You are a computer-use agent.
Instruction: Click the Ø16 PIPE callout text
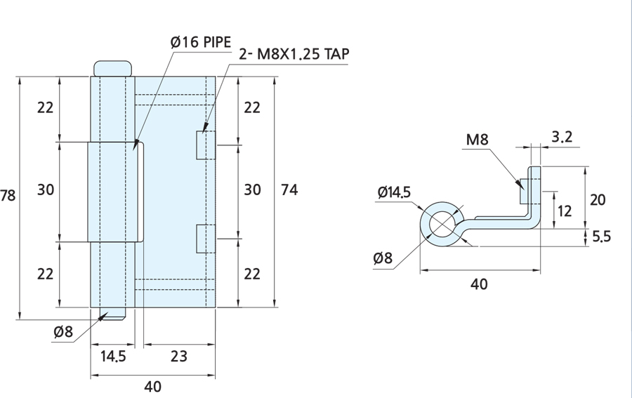point(201,42)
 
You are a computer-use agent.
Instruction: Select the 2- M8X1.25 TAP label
point(294,53)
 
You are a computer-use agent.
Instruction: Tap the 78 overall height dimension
point(7,195)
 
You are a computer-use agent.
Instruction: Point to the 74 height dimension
point(289,190)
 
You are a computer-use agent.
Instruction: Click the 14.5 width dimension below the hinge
point(113,356)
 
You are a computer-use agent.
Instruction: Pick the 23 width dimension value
point(178,356)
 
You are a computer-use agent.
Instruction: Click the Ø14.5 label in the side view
point(394,192)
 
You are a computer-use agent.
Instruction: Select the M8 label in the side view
point(478,140)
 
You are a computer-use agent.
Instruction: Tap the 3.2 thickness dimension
point(562,137)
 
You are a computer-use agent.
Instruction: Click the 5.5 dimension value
point(601,237)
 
